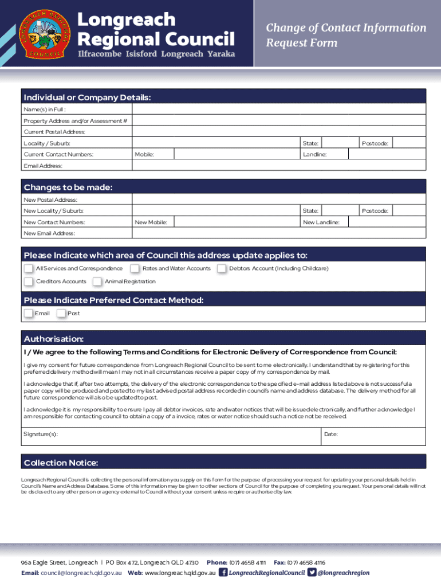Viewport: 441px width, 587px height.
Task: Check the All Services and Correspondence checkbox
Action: point(28,268)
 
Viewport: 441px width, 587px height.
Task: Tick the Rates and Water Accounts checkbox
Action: point(135,268)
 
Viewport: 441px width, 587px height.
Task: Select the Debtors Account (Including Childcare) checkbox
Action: point(221,268)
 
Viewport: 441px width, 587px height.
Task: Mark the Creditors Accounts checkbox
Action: point(28,281)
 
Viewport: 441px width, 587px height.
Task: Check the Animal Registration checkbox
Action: point(97,281)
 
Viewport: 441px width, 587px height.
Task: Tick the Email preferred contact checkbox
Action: point(28,313)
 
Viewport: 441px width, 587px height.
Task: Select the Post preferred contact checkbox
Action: point(61,313)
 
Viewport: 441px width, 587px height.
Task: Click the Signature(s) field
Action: point(189,435)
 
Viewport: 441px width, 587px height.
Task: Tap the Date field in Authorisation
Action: point(381,435)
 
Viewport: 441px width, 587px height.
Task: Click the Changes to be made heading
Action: point(68,187)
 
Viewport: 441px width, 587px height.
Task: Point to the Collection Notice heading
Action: point(61,463)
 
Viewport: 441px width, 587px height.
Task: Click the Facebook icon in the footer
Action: point(223,572)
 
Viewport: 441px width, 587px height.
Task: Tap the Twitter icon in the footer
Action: point(312,572)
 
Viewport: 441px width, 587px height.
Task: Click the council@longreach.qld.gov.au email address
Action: point(81,573)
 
